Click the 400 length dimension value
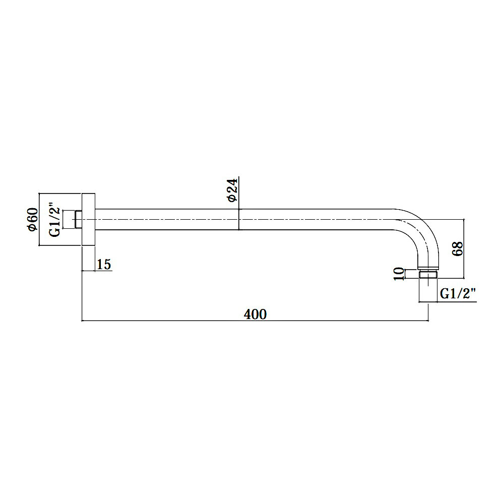click(255, 314)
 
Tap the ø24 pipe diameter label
click(232, 191)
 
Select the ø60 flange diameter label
click(33, 220)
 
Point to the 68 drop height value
click(458, 248)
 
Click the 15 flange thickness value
click(104, 265)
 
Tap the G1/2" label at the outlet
click(458, 294)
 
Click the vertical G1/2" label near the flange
click(55, 220)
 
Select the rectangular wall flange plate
click(88, 220)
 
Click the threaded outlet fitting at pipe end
click(428, 274)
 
